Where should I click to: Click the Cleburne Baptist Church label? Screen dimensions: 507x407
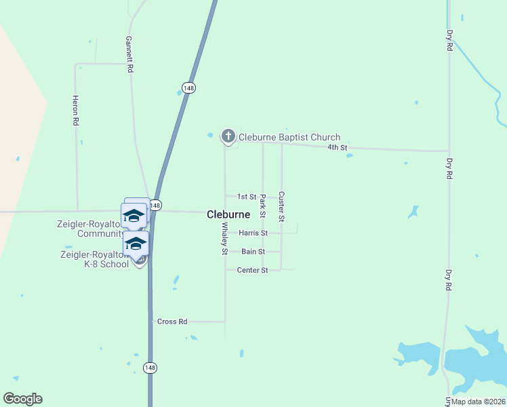click(x=289, y=138)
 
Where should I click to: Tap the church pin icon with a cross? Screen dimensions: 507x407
click(x=228, y=136)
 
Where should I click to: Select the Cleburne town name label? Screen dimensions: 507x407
click(x=228, y=214)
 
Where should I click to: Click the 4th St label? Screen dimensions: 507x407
click(x=337, y=147)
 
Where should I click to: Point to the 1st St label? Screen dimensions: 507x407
click(x=247, y=197)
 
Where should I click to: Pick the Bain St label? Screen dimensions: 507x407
click(x=253, y=252)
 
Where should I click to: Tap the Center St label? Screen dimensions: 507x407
click(x=253, y=270)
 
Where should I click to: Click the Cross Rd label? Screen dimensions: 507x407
click(x=171, y=322)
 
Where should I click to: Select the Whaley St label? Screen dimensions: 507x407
click(x=224, y=238)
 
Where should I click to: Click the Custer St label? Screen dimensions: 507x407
click(x=281, y=206)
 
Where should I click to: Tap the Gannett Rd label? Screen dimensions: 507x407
click(x=128, y=55)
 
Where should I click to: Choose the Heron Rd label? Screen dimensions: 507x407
click(x=76, y=111)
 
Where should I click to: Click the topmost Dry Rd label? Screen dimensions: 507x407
click(x=449, y=41)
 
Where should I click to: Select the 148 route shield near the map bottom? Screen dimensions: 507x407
click(x=150, y=367)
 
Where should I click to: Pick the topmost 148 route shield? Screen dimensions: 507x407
click(x=188, y=87)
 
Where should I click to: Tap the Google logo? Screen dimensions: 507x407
click(x=22, y=399)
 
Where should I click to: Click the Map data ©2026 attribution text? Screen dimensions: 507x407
click(x=477, y=401)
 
